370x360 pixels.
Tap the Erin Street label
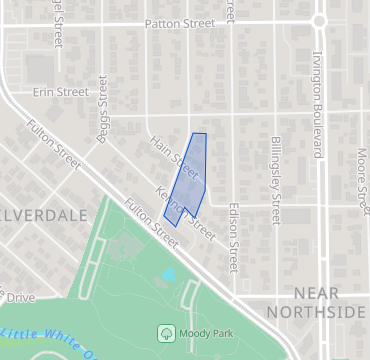[61, 91]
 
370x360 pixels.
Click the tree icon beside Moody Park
[166, 332]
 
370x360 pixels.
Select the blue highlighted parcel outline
[187, 180]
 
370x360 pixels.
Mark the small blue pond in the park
[168, 273]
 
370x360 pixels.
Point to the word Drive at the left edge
[18, 298]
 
